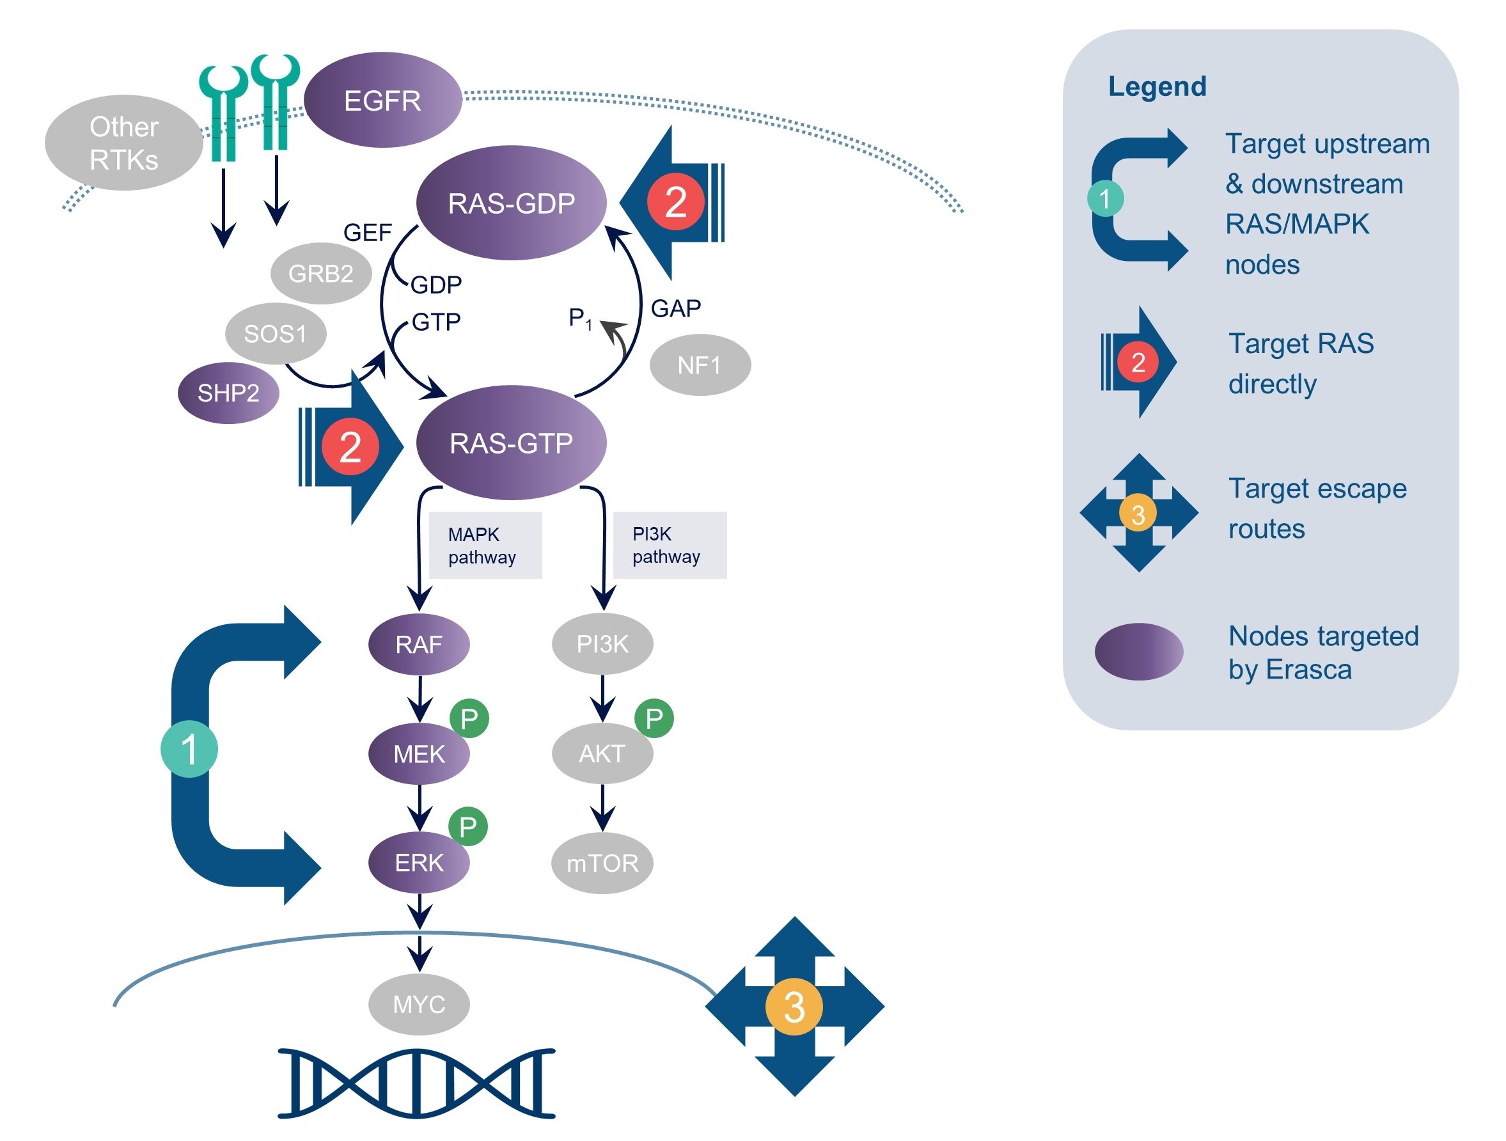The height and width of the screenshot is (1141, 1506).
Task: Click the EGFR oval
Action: tap(382, 100)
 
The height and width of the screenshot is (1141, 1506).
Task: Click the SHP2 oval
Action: tap(228, 393)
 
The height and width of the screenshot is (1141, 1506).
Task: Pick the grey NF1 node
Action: tap(699, 366)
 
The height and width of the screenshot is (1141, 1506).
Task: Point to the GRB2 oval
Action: tap(320, 274)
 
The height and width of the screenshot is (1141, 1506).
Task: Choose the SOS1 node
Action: tap(275, 334)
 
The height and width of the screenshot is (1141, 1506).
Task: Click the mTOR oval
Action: tap(602, 863)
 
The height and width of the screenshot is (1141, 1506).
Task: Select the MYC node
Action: tap(419, 1004)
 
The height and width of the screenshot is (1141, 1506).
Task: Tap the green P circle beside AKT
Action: tap(654, 718)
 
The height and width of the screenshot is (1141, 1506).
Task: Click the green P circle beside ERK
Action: tap(467, 826)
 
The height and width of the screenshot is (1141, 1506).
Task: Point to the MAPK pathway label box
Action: tap(485, 546)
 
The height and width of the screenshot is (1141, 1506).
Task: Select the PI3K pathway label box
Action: tap(670, 545)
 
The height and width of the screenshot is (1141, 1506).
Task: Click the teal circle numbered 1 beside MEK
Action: tap(189, 749)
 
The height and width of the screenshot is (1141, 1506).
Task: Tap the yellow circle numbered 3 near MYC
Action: tap(794, 1006)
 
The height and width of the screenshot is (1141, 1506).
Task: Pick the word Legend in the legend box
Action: tap(1157, 86)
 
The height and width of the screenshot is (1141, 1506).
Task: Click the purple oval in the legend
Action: tap(1138, 652)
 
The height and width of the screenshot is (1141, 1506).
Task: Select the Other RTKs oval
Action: tap(123, 143)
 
